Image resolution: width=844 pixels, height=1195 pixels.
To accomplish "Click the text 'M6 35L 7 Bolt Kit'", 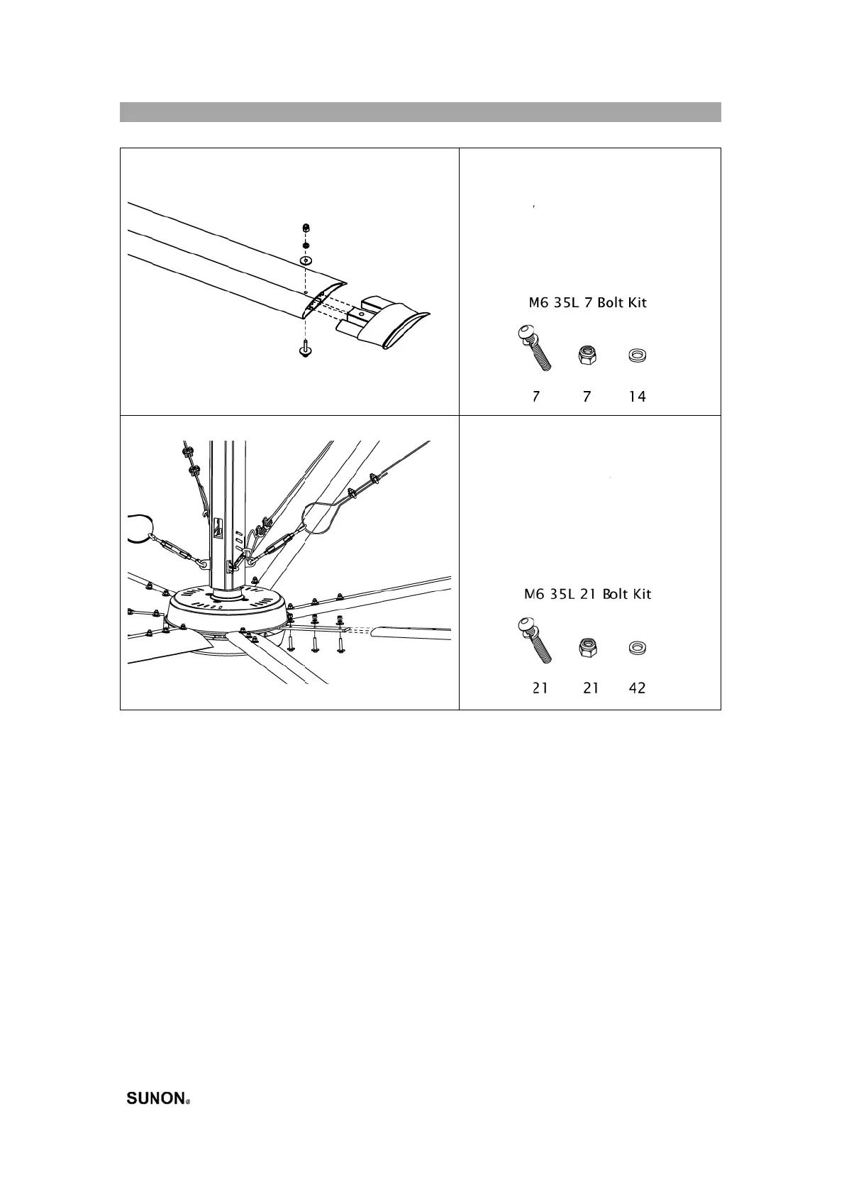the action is tap(588, 303).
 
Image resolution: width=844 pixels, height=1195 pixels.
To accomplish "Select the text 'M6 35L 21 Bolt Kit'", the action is tap(588, 594).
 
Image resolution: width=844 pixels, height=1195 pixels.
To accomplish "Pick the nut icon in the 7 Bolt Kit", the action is tap(587, 354).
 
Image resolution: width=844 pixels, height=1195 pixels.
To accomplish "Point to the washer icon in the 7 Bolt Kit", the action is tap(638, 355).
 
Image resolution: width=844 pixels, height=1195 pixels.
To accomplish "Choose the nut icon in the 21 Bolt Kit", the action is tap(589, 647).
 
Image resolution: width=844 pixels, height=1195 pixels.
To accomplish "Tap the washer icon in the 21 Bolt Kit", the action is tap(638, 647).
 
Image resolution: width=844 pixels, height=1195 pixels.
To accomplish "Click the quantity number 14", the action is tap(638, 397).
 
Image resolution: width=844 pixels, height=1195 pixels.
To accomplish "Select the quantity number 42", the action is tap(638, 688).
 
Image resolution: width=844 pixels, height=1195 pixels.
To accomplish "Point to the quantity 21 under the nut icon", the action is tap(591, 688).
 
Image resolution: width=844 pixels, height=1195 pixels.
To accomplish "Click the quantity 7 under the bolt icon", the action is tap(536, 397).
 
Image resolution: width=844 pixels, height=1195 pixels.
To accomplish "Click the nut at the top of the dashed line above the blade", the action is tap(305, 228).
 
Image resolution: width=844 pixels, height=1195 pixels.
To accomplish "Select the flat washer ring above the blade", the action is tap(306, 261).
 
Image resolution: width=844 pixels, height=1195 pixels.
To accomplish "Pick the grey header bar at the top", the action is tap(420, 112).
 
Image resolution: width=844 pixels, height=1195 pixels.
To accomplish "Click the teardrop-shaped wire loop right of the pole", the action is tap(323, 519).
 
